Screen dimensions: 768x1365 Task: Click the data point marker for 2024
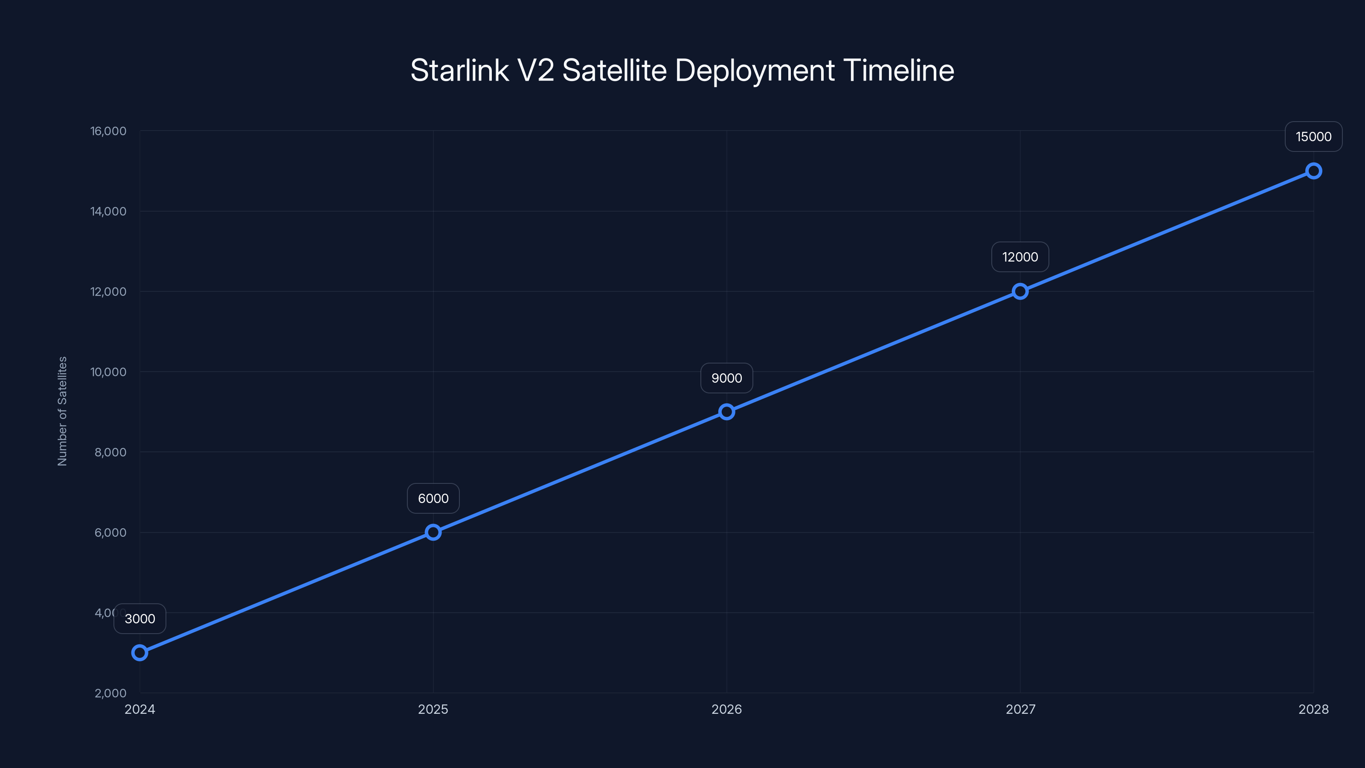click(140, 652)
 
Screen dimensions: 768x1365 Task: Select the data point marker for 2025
click(433, 532)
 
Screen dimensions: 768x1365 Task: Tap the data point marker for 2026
click(726, 412)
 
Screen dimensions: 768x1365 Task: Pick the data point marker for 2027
click(1020, 291)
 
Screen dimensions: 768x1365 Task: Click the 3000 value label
click(140, 619)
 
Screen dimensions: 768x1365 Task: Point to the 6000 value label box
click(433, 498)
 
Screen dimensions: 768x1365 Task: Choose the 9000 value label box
click(726, 378)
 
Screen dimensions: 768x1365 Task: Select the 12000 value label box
click(1020, 257)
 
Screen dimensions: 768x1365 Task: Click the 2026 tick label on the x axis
click(726, 709)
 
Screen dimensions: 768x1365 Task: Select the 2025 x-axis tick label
click(433, 709)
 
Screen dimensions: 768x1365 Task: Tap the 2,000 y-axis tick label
click(110, 693)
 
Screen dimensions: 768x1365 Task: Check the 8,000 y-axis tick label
click(110, 452)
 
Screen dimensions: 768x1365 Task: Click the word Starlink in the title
click(459, 70)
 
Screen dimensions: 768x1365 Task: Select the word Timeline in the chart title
click(898, 70)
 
